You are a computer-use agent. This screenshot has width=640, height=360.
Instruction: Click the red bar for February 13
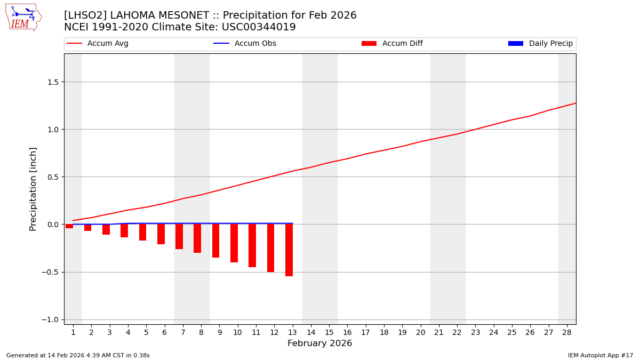pyautogui.click(x=289, y=250)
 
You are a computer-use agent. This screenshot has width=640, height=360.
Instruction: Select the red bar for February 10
pyautogui.click(x=234, y=243)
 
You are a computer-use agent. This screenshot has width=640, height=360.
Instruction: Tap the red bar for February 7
pyautogui.click(x=179, y=237)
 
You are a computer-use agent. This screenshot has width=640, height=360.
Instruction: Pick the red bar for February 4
pyautogui.click(x=124, y=231)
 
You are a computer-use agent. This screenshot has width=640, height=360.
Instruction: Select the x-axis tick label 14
pyautogui.click(x=310, y=332)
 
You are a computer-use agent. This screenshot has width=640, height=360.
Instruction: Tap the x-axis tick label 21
pyautogui.click(x=438, y=332)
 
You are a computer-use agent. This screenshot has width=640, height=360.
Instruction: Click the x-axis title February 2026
pyautogui.click(x=319, y=343)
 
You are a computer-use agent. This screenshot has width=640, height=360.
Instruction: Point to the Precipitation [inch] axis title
pyautogui.click(x=33, y=189)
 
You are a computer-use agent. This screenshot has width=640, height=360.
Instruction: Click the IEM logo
pyautogui.click(x=23, y=17)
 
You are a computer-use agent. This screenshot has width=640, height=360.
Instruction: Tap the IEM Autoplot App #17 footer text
pyautogui.click(x=600, y=355)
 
